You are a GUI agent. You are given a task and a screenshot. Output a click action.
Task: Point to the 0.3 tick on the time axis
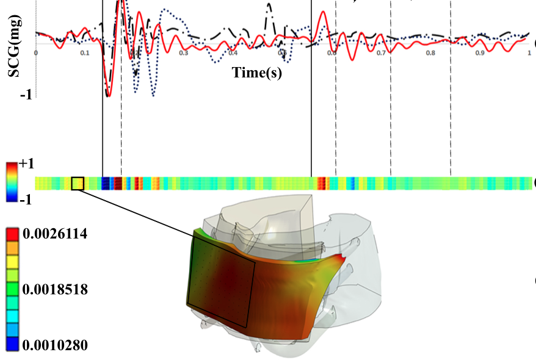(x=183, y=53)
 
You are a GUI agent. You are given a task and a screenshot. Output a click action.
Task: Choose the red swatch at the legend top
(x=12, y=233)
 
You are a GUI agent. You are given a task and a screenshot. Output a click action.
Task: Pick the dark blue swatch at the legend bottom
(x=12, y=345)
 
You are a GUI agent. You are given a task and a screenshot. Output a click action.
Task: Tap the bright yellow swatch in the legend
(x=12, y=261)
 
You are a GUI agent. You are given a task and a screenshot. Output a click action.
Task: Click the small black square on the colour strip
(x=78, y=183)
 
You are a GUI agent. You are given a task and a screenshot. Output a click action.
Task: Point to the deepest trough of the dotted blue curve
(x=153, y=95)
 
